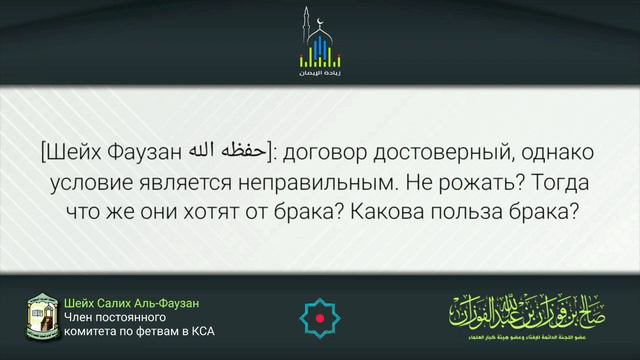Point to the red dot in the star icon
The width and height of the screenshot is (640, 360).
320,317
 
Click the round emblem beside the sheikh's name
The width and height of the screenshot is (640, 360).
41,316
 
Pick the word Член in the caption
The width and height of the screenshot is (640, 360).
77,317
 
